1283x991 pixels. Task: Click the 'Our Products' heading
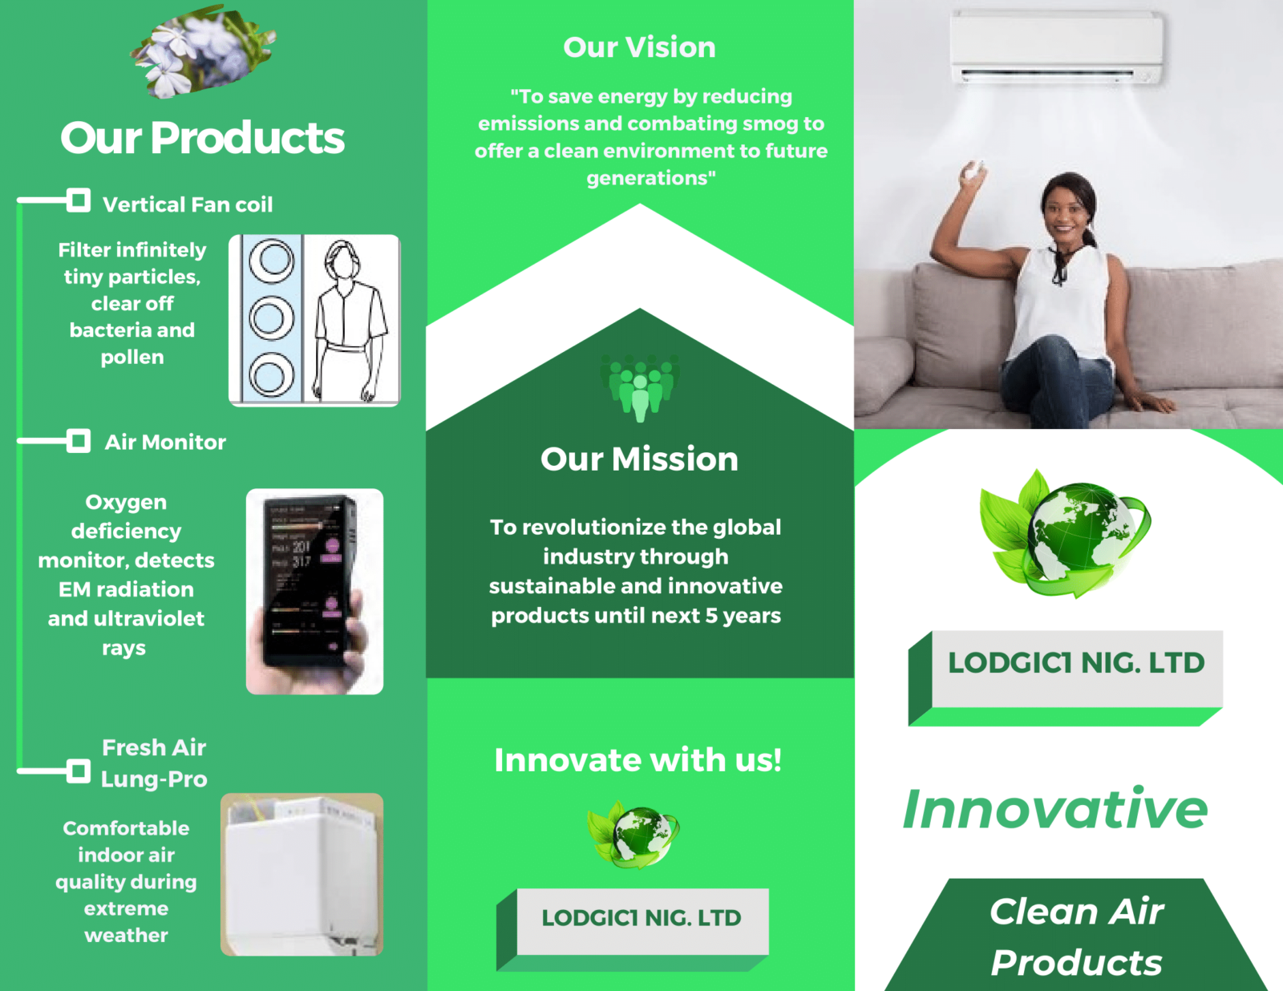point(202,138)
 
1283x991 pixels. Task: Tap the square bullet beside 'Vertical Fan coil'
point(79,200)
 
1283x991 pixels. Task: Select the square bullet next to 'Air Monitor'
point(79,441)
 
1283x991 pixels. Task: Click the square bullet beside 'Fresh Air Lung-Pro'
point(79,771)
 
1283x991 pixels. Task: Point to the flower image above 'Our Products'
point(203,51)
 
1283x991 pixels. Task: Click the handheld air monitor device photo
point(314,591)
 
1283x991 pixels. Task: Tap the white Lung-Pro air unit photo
point(302,874)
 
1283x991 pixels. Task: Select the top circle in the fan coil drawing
point(272,260)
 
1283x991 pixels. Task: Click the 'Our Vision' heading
point(639,47)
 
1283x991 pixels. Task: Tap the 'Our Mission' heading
point(639,459)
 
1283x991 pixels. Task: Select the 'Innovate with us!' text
point(638,759)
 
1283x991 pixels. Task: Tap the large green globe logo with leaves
point(1065,533)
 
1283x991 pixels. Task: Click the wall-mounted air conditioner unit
point(1056,48)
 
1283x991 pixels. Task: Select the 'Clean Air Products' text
point(1076,936)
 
